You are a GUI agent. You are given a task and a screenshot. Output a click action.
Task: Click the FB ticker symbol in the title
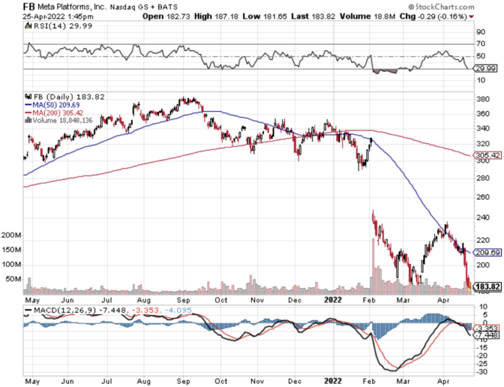pos(30,7)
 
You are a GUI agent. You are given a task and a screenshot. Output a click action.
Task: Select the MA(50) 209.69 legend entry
pos(52,104)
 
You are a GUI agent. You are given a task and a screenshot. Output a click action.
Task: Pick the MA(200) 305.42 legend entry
pos(54,112)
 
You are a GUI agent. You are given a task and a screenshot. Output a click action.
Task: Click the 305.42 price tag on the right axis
pos(487,156)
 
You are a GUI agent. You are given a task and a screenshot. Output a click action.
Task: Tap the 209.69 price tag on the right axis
pos(487,252)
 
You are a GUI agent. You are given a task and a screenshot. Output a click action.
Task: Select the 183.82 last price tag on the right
pos(487,287)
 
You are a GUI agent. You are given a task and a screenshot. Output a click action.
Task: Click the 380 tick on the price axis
pos(483,100)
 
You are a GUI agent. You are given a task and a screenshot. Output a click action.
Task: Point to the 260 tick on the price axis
pos(483,197)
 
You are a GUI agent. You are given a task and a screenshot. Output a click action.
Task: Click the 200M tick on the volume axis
pos(12,234)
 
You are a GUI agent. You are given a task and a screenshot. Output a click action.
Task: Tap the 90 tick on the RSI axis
pos(480,31)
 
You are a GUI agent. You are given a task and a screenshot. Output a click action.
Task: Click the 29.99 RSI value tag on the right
pos(484,68)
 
